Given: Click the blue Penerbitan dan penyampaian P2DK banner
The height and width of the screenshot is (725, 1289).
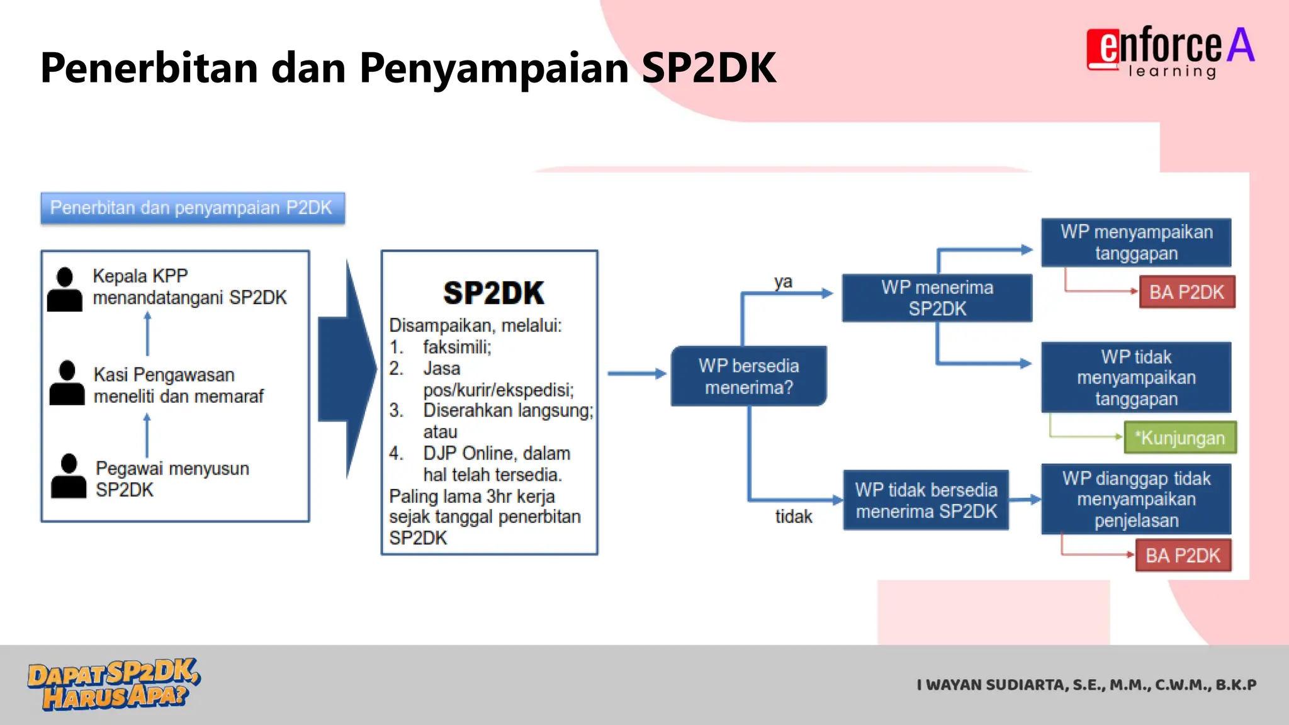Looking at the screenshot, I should pos(192,208).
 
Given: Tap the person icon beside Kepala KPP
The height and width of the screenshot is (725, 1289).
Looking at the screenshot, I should pos(65,290).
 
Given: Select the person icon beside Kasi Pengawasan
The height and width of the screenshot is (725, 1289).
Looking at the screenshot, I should pos(67,383).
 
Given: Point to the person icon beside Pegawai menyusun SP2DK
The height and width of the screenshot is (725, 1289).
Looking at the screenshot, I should pos(69,476).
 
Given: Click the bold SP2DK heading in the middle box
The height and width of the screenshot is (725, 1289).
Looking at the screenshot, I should pos(493,293).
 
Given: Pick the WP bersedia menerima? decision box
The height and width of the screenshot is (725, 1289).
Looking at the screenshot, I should pos(748,376).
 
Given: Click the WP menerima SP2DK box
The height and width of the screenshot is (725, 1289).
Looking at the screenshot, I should pos(937,298).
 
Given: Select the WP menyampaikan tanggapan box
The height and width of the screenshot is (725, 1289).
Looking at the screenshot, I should pos(1135,243).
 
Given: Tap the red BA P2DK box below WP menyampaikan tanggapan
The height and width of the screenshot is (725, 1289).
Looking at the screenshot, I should pos(1186,293).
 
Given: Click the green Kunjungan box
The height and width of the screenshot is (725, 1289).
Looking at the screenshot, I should pos(1180,438).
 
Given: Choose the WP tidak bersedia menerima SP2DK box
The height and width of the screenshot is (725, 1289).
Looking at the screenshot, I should pos(925,500).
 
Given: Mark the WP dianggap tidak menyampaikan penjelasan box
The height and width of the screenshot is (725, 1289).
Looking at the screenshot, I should pos(1135,500).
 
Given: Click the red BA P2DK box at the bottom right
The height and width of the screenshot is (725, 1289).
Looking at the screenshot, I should pos(1183,556).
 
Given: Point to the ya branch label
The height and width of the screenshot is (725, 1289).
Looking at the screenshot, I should pos(783,281).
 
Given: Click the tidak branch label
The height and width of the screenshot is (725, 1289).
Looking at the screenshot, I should pos(793,517).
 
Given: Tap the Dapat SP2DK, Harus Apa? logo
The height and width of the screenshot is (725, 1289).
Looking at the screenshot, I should pos(113,685).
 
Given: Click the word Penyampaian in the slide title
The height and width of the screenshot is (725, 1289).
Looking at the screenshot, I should pos(494,68).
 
